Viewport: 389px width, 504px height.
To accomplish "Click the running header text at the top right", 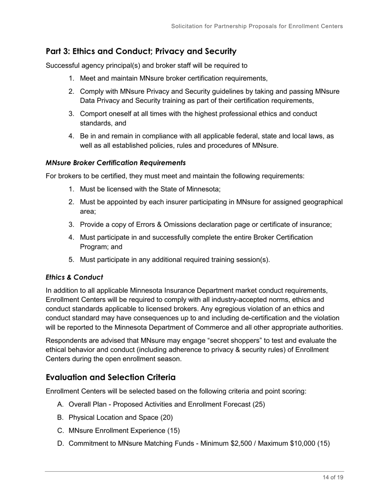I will click(257, 26).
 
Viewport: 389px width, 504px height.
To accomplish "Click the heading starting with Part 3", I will click(141, 51).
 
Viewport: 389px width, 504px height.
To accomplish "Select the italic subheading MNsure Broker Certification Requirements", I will click(115, 163).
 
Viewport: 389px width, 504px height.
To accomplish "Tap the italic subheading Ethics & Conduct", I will click(74, 277).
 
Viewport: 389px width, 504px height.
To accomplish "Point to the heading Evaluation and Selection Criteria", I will click(111, 377).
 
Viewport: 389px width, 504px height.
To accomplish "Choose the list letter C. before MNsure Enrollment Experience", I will click(60, 431).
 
